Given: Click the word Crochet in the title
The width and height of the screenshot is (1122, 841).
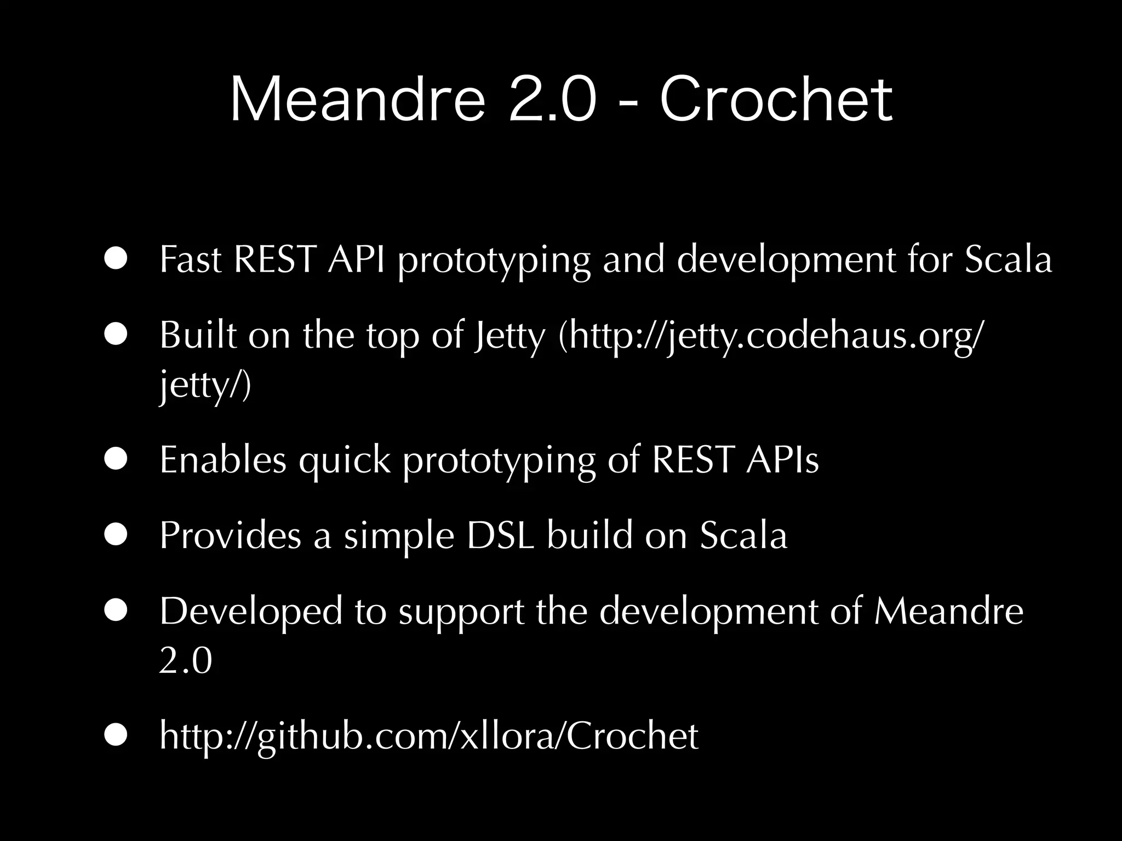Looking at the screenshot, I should click(776, 100).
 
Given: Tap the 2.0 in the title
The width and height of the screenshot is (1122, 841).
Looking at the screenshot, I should click(552, 100).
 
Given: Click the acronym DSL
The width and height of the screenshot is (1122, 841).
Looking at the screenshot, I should click(500, 535).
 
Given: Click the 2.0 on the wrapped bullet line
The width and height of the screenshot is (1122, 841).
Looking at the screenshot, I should click(185, 661).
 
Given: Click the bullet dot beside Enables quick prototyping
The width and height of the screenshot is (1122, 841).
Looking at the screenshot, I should click(117, 459).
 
